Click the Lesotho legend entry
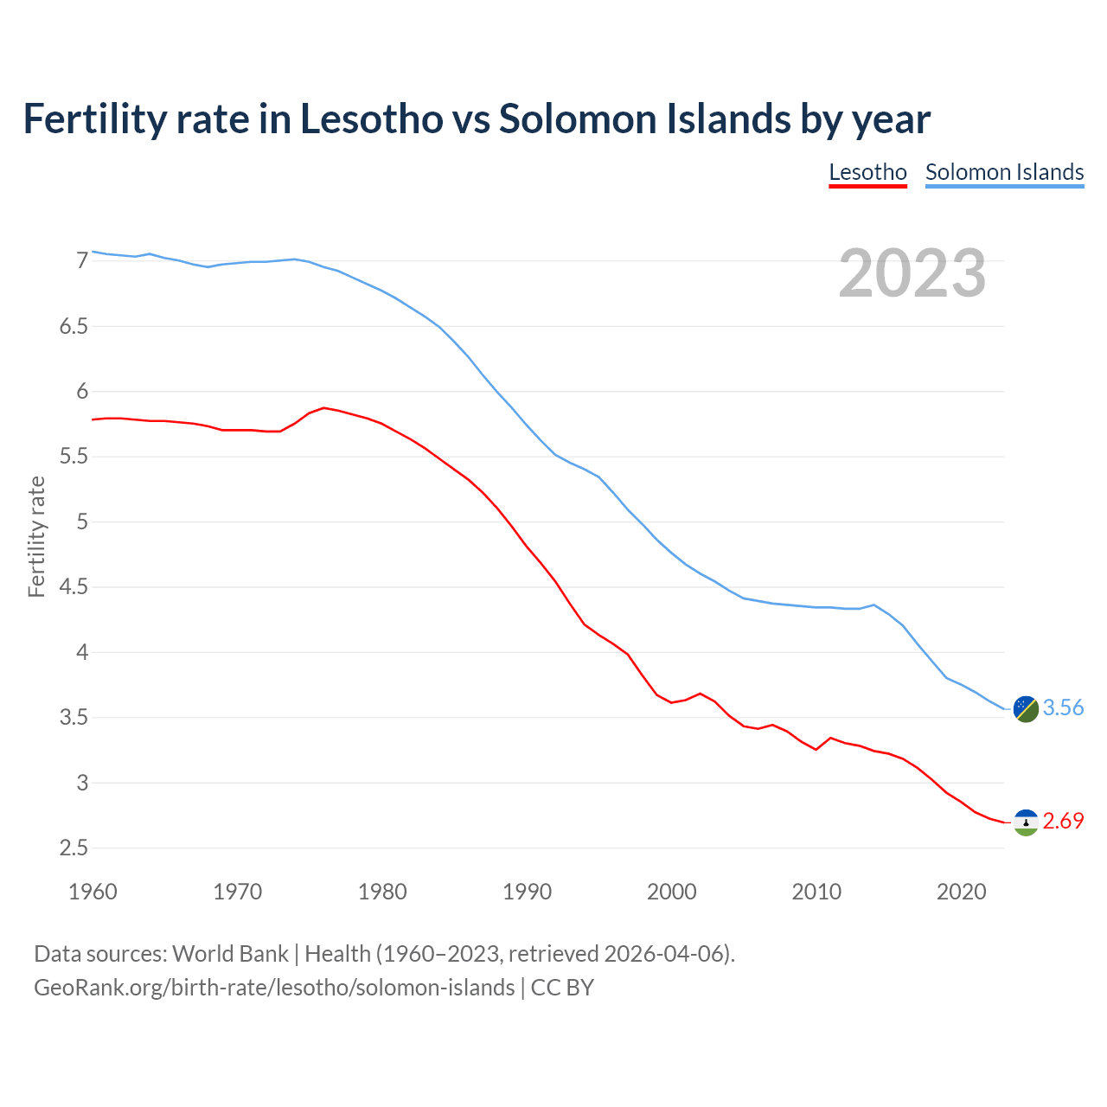click(x=867, y=172)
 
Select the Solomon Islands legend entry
click(x=1004, y=172)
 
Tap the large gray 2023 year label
click(x=912, y=273)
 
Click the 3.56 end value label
click(x=1063, y=707)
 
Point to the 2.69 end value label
click(x=1063, y=821)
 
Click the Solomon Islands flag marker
click(x=1026, y=708)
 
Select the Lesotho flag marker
click(x=1026, y=822)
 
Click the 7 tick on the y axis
click(x=82, y=261)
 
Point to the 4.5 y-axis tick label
click(x=74, y=587)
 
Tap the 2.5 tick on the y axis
click(x=74, y=848)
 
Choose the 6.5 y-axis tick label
click(x=74, y=327)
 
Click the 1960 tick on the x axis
click(x=93, y=892)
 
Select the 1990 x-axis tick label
click(x=527, y=892)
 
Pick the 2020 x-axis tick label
click(x=961, y=892)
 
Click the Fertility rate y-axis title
click(x=36, y=536)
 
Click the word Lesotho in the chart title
click(x=371, y=118)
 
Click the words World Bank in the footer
click(x=230, y=954)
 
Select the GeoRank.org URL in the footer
click(x=274, y=988)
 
